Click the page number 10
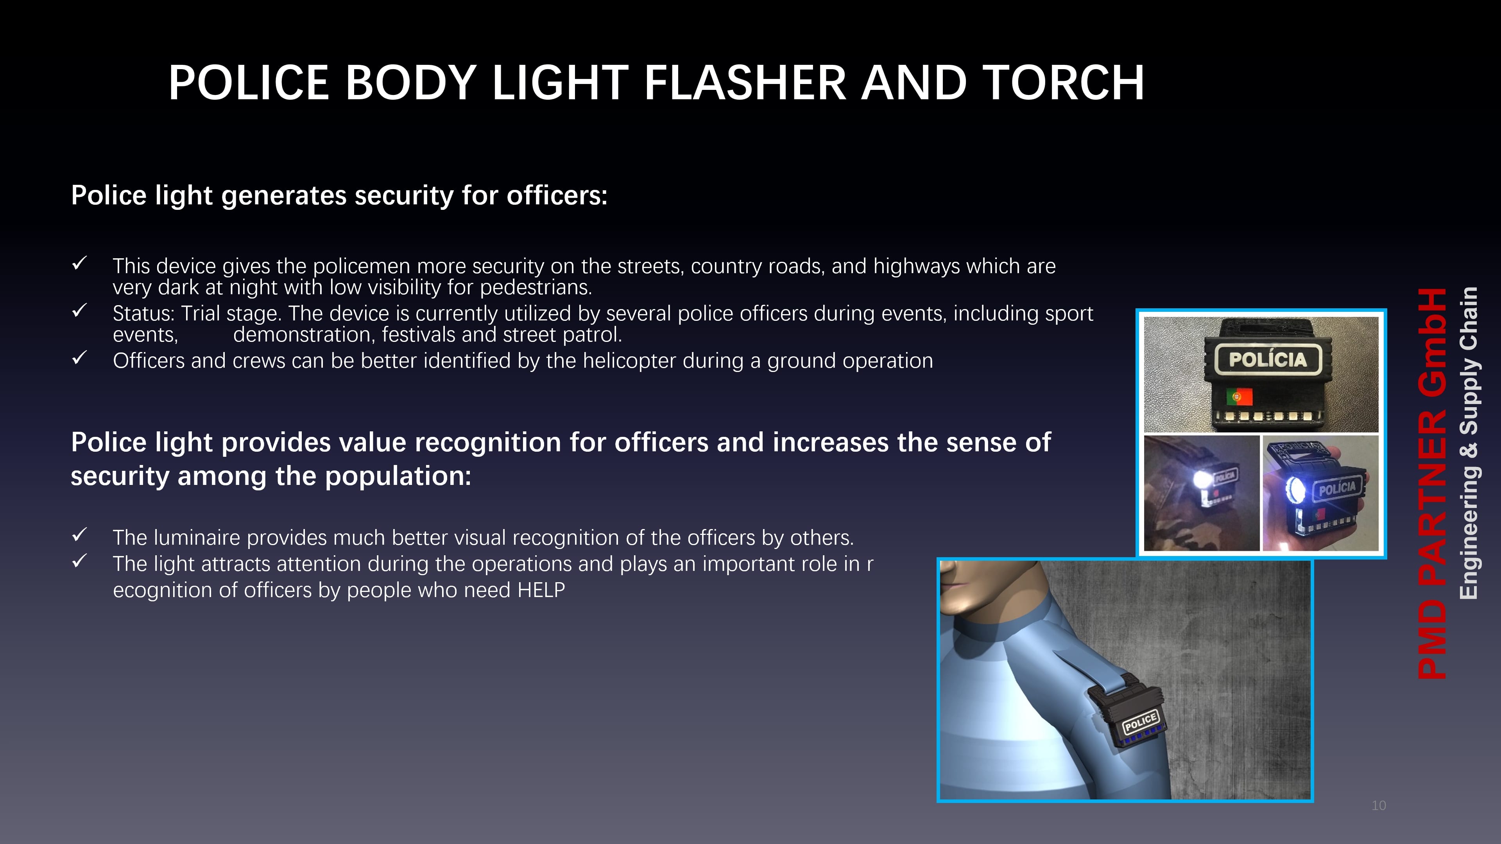(1379, 806)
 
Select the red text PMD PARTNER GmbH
(1432, 483)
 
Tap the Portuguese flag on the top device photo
(1239, 397)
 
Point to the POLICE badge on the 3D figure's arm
(1140, 722)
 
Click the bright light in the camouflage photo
(1202, 481)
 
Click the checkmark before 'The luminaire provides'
(80, 535)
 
